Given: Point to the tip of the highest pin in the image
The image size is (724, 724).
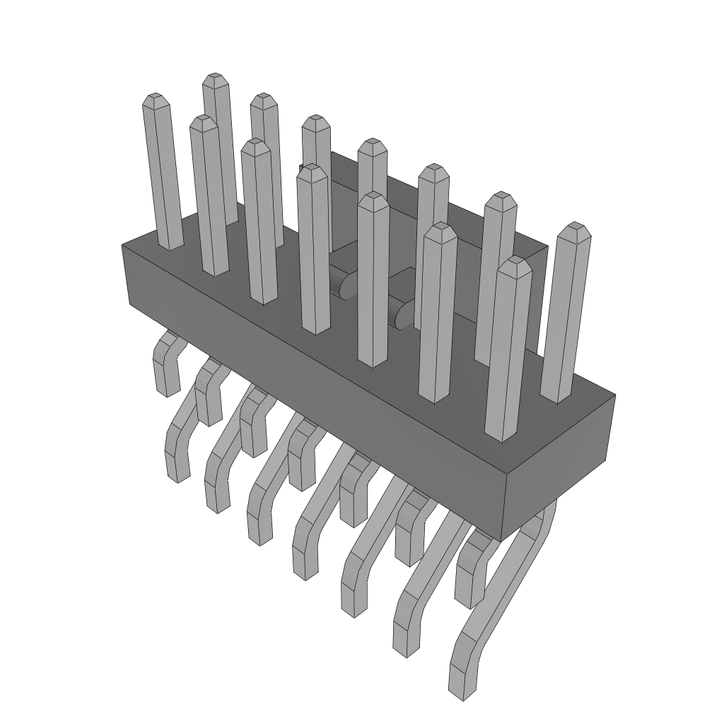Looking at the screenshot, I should [x=216, y=78].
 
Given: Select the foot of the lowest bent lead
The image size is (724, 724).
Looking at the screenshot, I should [x=463, y=683].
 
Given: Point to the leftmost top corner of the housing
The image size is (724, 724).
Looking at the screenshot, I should [x=122, y=245].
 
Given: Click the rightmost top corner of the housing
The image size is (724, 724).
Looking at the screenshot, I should [x=614, y=395].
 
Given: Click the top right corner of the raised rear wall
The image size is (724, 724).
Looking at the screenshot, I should [x=547, y=247].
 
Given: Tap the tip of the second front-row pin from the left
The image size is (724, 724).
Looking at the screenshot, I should [x=256, y=145].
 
